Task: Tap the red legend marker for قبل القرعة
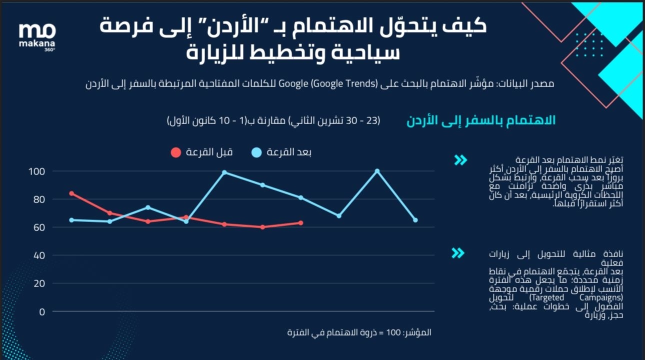click(175, 152)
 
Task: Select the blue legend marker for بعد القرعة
click(256, 152)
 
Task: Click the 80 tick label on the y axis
click(39, 199)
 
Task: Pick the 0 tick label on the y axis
click(42, 311)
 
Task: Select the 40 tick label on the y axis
click(39, 255)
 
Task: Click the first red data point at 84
click(71, 193)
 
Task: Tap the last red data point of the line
click(300, 223)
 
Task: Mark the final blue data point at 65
click(415, 220)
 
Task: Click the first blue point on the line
click(71, 220)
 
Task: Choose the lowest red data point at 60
click(262, 227)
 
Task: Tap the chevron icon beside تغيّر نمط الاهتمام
click(460, 160)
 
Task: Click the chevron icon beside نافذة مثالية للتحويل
click(457, 253)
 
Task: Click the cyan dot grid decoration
click(589, 45)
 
